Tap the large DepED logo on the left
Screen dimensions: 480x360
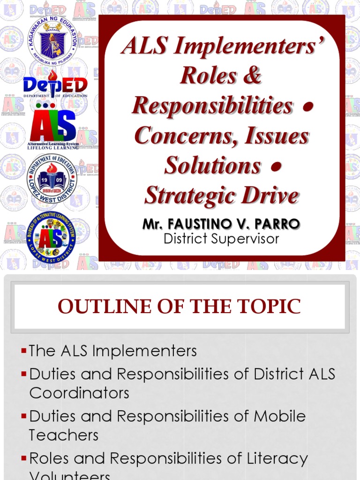(x=55, y=85)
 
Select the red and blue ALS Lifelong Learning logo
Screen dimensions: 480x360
(x=52, y=127)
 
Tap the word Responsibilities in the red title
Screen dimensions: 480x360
(x=212, y=105)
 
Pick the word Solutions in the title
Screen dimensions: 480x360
(x=213, y=165)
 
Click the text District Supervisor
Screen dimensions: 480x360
(x=221, y=239)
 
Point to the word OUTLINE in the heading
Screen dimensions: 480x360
(x=104, y=307)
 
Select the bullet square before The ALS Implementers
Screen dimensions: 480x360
(x=24, y=351)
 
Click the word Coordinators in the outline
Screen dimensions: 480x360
(x=79, y=393)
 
